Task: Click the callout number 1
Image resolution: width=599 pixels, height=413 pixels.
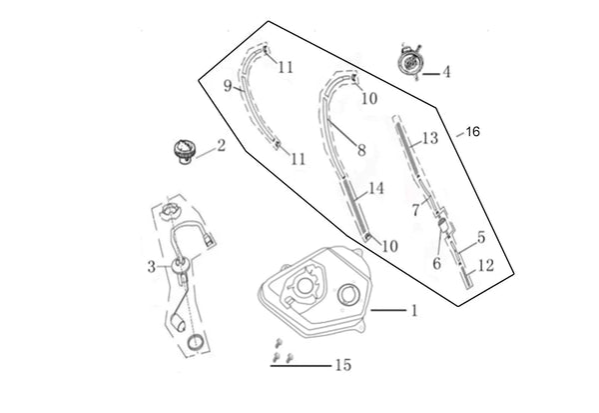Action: [x=412, y=311]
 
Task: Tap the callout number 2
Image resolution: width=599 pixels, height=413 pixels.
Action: [x=221, y=146]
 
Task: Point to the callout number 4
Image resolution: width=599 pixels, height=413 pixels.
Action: [x=446, y=72]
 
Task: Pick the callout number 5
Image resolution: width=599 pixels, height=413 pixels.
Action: [x=481, y=237]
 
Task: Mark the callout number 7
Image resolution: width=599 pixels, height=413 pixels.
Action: [x=415, y=212]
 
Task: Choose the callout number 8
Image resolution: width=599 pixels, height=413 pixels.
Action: [x=360, y=150]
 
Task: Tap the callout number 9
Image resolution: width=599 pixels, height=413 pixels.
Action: [x=228, y=86]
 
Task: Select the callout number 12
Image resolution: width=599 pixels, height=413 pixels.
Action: [x=487, y=266]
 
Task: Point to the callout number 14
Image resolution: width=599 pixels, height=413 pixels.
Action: [x=375, y=188]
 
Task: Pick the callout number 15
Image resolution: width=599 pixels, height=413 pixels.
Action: [x=343, y=366]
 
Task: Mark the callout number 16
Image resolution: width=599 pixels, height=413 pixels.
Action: [x=473, y=131]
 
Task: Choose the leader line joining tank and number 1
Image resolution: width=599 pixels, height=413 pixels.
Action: [x=385, y=311]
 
